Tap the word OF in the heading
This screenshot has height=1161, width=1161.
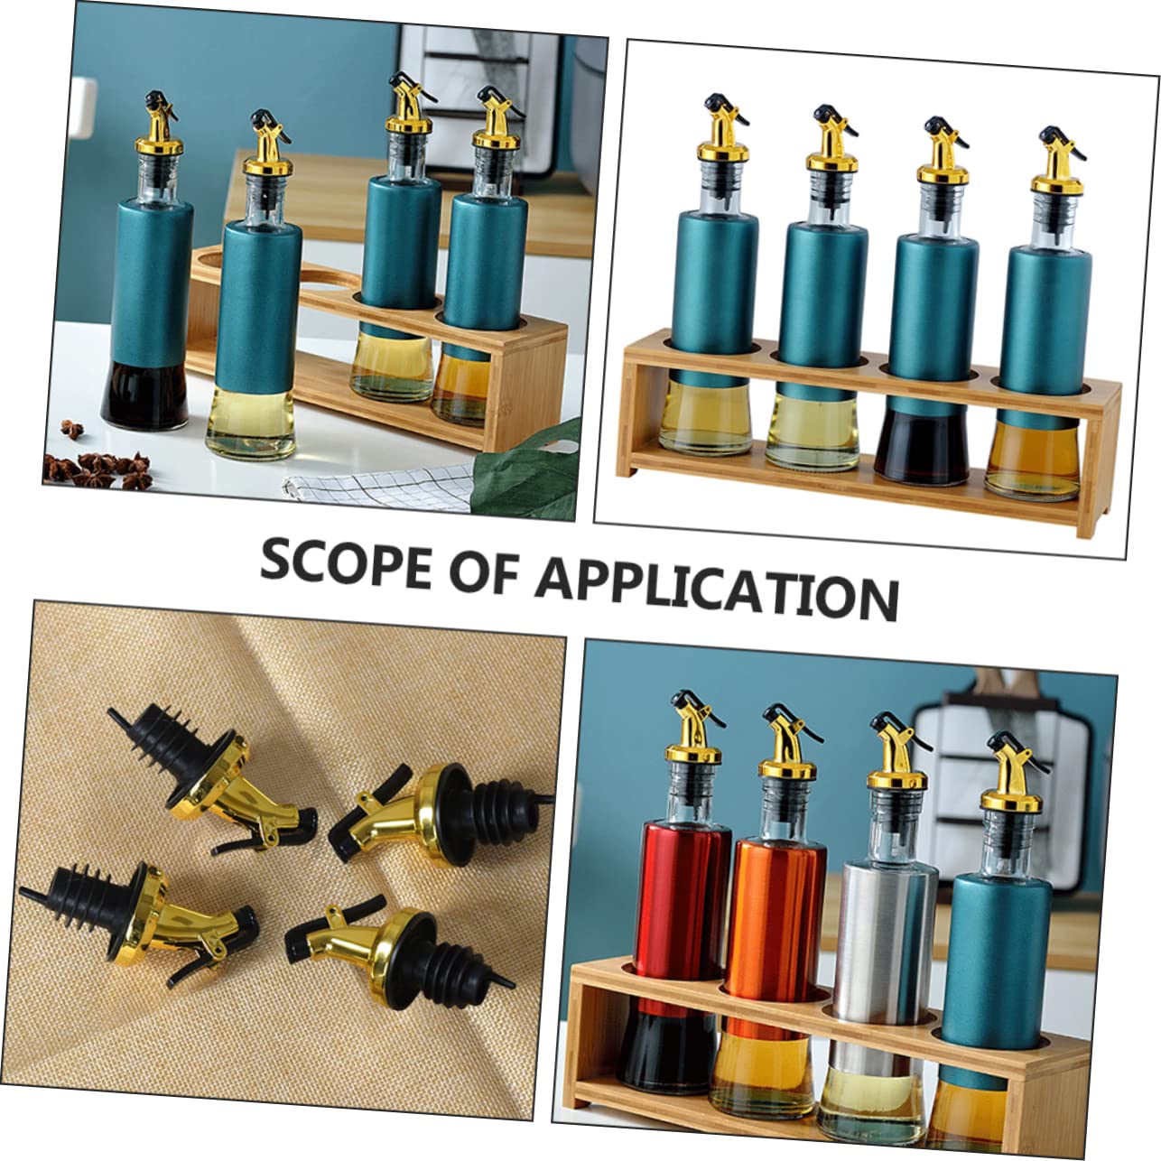pyautogui.click(x=488, y=571)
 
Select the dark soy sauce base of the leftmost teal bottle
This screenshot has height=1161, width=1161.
pyautogui.click(x=144, y=394)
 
